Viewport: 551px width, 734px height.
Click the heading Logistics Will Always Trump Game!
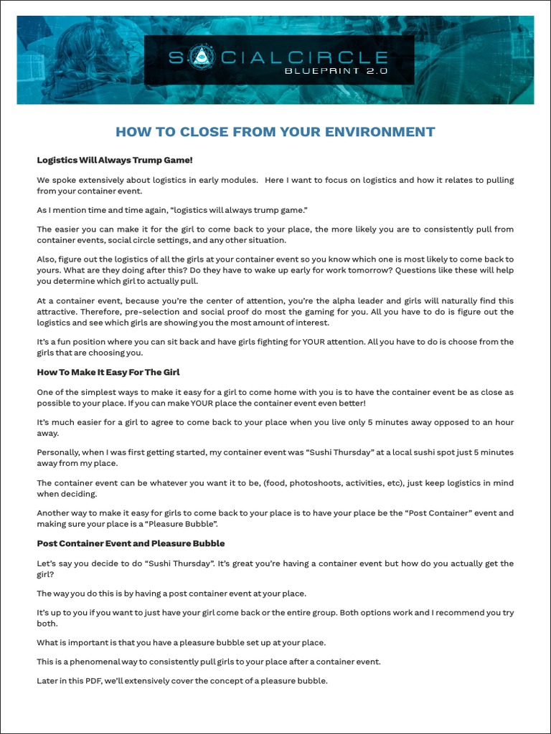coord(115,160)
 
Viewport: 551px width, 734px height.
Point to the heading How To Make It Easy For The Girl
coord(108,372)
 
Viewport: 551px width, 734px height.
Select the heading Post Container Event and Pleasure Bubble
coord(131,543)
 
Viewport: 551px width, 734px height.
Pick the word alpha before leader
coord(317,300)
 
